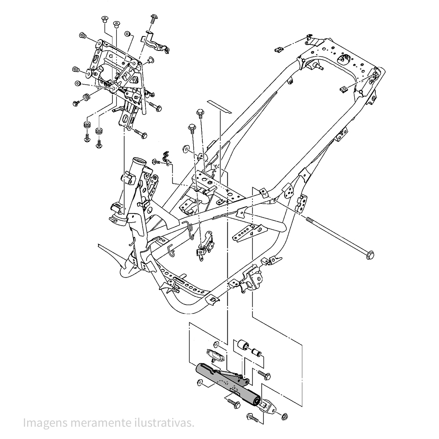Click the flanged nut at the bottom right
click(283, 416)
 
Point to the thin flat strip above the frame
click(219, 107)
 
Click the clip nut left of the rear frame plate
click(277, 49)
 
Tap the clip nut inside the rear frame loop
click(344, 89)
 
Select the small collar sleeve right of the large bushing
click(255, 352)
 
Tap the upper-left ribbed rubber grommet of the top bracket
click(82, 36)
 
